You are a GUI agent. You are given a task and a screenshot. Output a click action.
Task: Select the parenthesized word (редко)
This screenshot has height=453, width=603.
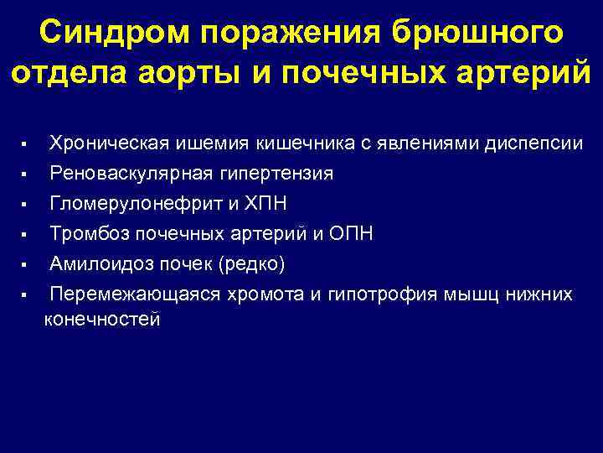tap(251, 264)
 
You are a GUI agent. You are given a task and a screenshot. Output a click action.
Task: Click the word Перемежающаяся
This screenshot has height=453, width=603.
tap(134, 294)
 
